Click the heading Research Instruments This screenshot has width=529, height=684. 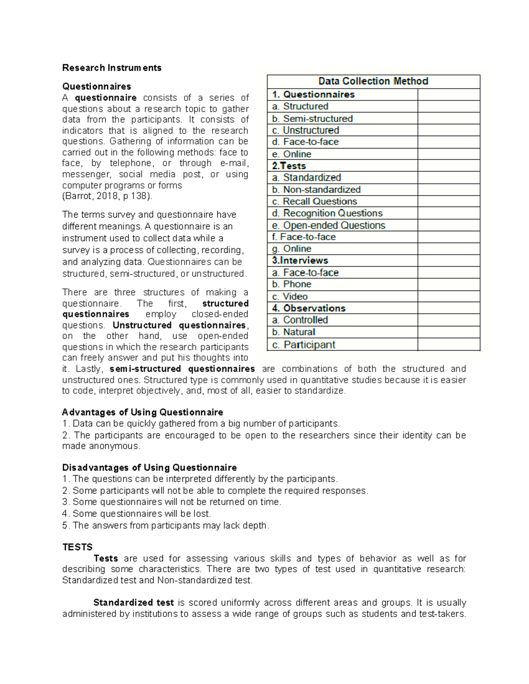pos(112,68)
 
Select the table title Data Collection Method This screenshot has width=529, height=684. pos(373,81)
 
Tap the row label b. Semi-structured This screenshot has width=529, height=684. pos(312,118)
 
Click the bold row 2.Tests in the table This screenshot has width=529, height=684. pos(289,166)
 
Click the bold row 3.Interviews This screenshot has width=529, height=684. pos(300,260)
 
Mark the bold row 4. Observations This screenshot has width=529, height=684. pos(309,308)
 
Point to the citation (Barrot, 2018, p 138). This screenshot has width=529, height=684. pos(107,196)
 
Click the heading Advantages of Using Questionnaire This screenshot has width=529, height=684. pos(142,412)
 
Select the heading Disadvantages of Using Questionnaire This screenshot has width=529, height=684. pos(149,467)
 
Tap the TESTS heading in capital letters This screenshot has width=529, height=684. pos(78,547)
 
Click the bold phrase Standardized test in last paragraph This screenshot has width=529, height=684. pos(133,603)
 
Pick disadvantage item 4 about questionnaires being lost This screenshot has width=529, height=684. pos(137,514)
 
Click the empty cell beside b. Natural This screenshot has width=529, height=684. pos(448,332)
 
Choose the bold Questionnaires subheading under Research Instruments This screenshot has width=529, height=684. pos(97,86)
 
